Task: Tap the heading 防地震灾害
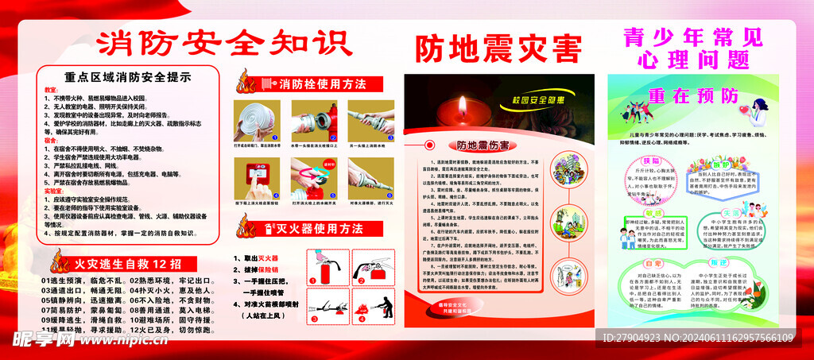(x=498, y=49)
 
